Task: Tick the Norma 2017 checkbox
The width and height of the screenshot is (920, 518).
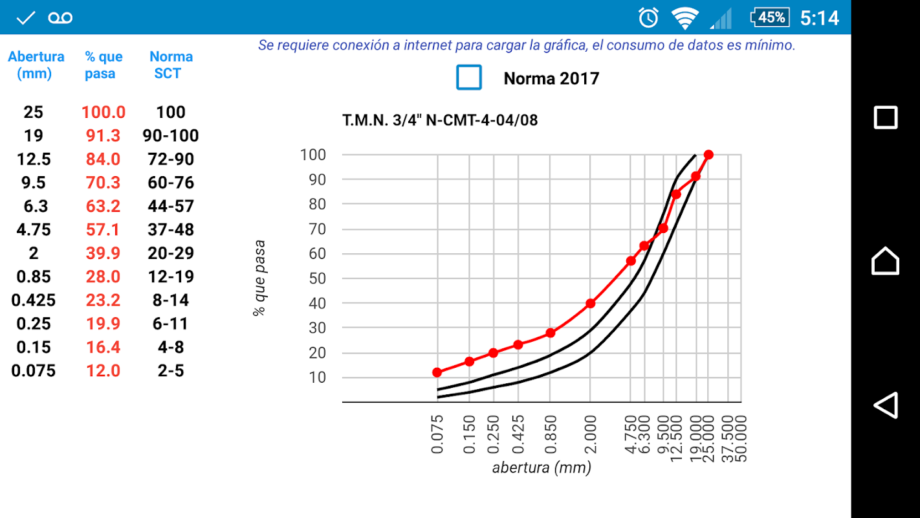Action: coord(469,77)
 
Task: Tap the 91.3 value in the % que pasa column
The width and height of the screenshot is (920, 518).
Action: coord(103,136)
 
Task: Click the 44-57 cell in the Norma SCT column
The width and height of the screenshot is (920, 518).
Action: coord(171,207)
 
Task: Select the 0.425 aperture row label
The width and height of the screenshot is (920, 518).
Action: coord(33,300)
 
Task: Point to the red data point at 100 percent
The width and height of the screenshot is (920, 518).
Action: coord(708,155)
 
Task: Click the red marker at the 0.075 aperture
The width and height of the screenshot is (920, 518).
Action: coord(437,372)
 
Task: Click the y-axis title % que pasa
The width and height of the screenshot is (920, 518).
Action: coord(259,278)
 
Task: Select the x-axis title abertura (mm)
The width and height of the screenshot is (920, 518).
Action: coord(542,467)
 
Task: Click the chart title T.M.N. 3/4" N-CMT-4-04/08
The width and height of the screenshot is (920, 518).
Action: coord(440,120)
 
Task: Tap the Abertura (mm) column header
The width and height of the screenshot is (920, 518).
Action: coord(36,65)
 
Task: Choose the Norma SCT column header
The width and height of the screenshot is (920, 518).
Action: coord(171,65)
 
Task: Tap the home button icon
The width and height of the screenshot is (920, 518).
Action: coord(885,261)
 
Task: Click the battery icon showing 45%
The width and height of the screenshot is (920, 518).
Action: coord(769,17)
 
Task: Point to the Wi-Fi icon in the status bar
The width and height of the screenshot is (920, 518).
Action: coord(685,17)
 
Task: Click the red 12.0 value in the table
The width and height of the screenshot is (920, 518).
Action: coord(103,371)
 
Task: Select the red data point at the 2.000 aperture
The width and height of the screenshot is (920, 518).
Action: coord(591,303)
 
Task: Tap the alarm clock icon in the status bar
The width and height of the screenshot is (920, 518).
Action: coord(648,17)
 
